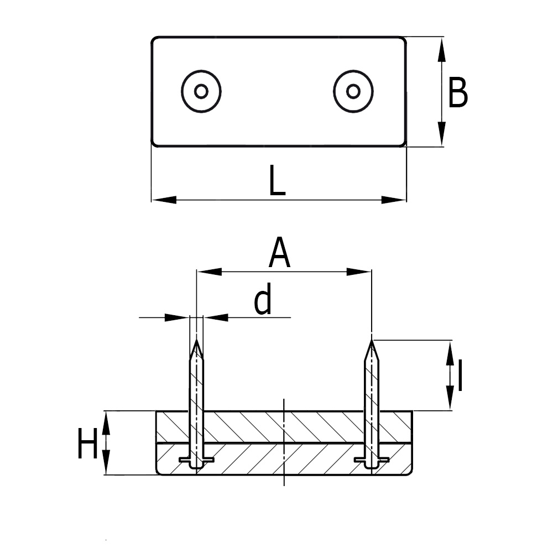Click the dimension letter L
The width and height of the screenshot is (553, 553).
[277, 181]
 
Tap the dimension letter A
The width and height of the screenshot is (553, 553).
[280, 253]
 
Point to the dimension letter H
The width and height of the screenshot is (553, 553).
[87, 445]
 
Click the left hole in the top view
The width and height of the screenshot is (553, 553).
[201, 91]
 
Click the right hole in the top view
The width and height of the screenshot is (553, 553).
[353, 91]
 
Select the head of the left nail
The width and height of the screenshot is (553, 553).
[196, 461]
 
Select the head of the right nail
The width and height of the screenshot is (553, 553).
[372, 460]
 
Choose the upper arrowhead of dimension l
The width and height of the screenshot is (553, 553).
[450, 352]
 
